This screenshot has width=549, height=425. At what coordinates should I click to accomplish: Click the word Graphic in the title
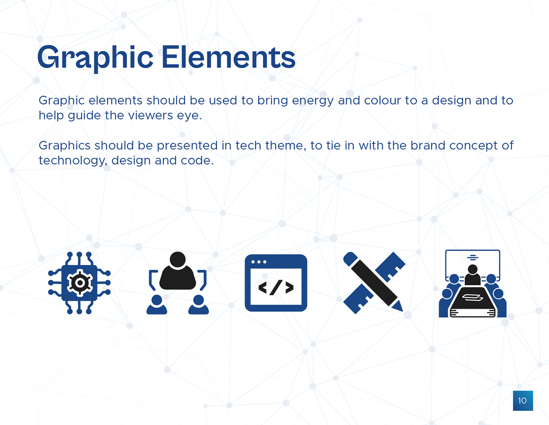95,58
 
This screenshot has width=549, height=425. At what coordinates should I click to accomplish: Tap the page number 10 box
523,401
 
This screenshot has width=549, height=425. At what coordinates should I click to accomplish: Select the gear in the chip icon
80,283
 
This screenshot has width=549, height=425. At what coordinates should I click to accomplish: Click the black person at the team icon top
178,270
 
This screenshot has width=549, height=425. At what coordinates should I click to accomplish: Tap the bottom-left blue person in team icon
156,305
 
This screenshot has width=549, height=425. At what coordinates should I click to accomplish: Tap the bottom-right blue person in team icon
198,305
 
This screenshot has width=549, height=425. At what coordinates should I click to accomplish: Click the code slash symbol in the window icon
276,288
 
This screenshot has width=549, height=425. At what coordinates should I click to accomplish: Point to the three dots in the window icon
259,262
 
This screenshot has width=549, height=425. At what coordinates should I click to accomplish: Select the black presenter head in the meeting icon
473,269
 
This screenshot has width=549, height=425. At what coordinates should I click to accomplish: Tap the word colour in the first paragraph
382,100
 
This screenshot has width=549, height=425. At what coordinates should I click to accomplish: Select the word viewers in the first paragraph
150,115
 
